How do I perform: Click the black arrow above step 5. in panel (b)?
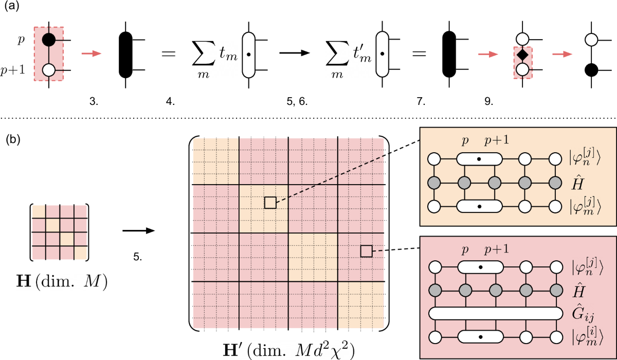coord(139,231)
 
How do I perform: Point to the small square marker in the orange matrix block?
coord(270,202)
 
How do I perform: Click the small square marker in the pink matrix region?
coord(366,250)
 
